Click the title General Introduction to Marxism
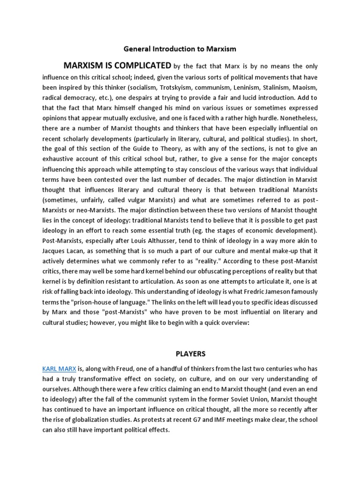180,49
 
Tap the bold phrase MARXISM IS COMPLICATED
117,65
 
